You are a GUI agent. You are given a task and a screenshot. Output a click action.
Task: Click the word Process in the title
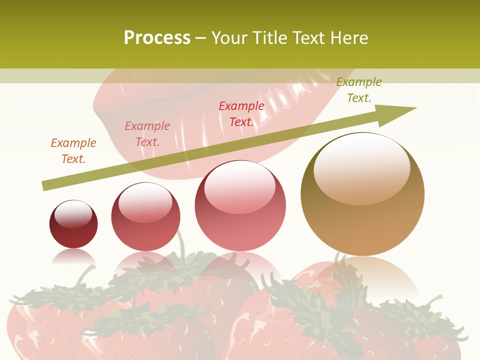157,38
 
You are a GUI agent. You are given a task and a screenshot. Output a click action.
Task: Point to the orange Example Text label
73,150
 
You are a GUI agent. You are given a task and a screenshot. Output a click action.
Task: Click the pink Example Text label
147,134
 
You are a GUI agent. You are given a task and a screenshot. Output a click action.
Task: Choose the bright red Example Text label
241,114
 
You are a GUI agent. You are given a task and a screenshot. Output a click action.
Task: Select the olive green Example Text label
359,90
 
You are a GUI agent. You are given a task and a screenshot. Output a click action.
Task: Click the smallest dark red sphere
73,230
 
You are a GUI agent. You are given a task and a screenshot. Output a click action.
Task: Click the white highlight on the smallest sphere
73,213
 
